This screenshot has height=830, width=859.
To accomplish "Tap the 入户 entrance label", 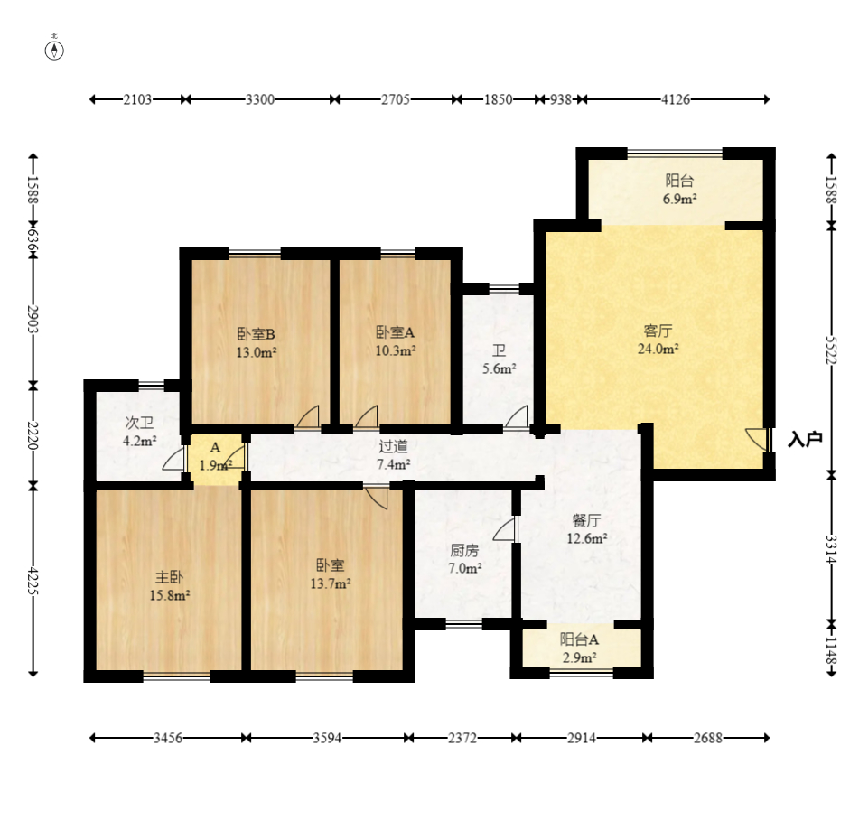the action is click(x=805, y=439).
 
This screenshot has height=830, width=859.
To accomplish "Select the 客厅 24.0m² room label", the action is click(x=658, y=340).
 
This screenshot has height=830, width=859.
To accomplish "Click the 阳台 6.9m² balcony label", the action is click(x=679, y=190).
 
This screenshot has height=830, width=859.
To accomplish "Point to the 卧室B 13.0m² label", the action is click(x=256, y=343).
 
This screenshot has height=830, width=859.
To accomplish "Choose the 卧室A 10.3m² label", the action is click(x=395, y=341).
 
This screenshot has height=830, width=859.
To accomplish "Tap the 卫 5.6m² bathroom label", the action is click(x=499, y=359).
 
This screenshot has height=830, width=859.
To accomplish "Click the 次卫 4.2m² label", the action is click(x=139, y=432).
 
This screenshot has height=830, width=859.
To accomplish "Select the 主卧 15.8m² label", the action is click(x=169, y=585).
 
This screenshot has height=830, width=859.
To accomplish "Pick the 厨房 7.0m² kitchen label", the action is click(x=464, y=559).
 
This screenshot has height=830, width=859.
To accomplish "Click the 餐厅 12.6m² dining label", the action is click(x=586, y=529).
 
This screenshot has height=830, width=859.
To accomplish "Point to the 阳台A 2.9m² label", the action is click(x=579, y=648).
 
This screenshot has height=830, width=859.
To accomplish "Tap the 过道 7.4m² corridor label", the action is click(x=393, y=455).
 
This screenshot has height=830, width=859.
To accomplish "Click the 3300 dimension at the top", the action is click(x=259, y=99).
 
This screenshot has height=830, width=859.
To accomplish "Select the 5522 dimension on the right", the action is click(x=831, y=350).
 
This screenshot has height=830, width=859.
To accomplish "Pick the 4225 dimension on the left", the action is click(x=33, y=581).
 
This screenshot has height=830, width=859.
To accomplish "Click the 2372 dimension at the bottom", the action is click(x=462, y=738).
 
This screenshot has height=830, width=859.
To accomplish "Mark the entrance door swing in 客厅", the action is click(x=757, y=439).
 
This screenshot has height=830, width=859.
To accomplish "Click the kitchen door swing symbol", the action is click(x=504, y=528).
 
